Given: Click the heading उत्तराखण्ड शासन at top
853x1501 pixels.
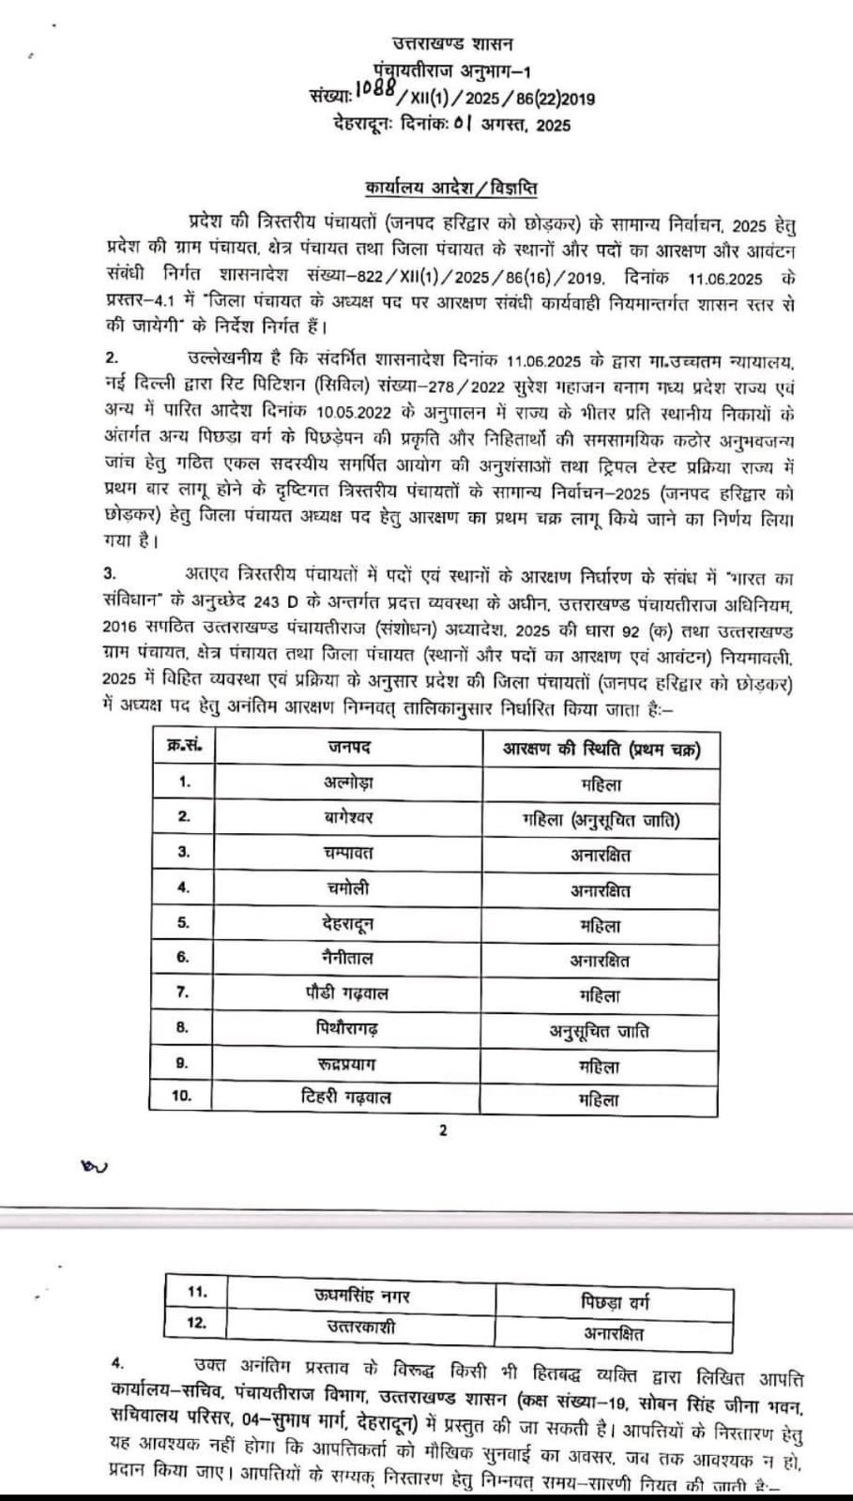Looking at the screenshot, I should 452,42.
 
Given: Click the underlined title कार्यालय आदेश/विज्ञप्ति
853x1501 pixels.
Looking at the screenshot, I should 451,188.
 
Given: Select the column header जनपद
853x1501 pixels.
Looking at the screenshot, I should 349,748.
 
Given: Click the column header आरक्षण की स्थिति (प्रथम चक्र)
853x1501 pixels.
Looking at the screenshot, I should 601,749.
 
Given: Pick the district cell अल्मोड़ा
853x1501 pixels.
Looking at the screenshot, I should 348,782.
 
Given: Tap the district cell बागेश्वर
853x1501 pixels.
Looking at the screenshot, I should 348,817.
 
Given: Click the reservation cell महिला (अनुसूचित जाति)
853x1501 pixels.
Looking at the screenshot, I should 601,820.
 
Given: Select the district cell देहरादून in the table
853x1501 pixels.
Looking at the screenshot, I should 348,923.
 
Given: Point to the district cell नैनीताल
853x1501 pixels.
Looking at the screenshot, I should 348,958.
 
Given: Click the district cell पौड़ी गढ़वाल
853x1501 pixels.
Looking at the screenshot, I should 348,993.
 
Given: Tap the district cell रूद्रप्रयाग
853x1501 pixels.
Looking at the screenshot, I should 348,1064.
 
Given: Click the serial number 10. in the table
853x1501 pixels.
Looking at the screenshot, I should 183,1096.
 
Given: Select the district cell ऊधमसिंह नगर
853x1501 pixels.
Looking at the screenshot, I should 362,1296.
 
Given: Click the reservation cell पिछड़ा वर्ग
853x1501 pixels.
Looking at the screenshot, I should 614,1302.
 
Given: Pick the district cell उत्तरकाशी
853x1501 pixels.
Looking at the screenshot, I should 362,1327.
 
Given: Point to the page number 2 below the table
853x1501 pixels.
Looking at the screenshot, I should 443,1130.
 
